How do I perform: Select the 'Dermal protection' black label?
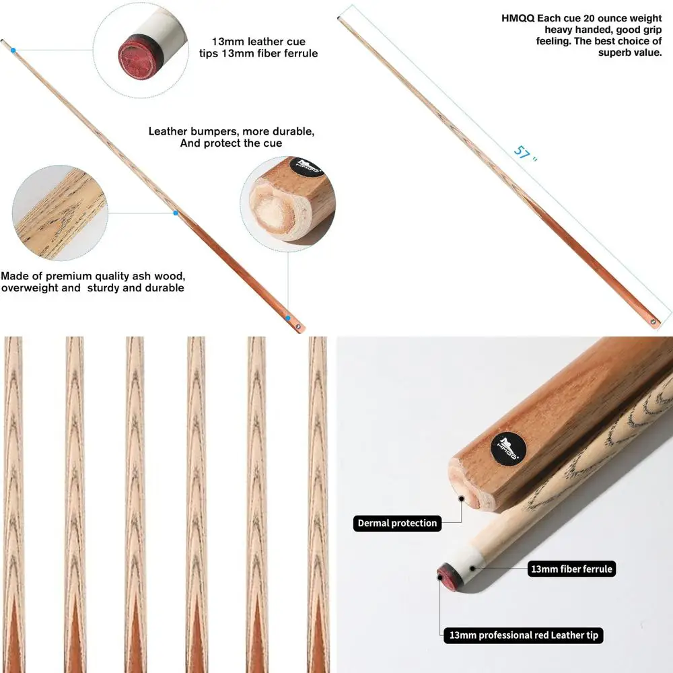[x=397, y=523]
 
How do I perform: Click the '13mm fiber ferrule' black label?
[x=571, y=569]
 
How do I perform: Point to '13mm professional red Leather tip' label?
[x=522, y=635]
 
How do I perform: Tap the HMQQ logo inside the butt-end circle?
[x=310, y=167]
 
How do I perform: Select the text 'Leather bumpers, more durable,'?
[x=231, y=131]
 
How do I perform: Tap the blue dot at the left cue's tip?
[x=13, y=50]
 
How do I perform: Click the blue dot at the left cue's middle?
[x=175, y=213]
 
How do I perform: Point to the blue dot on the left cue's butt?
[x=288, y=318]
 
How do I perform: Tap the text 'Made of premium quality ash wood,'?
[x=93, y=276]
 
